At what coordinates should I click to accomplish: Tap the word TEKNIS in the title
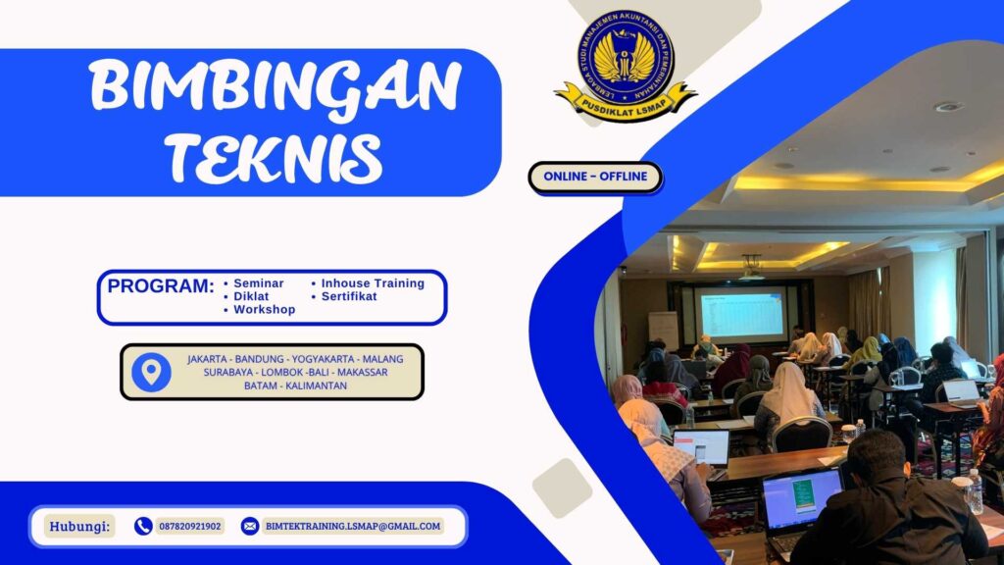click(x=273, y=154)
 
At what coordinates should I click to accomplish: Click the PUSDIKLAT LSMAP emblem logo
click(x=625, y=65)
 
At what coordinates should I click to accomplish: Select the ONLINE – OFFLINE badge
click(x=595, y=177)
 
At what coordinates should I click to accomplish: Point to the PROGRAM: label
click(x=160, y=286)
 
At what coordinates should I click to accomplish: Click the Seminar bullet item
click(x=258, y=283)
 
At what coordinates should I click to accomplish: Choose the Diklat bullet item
click(x=252, y=296)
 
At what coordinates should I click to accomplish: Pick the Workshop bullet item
click(x=264, y=309)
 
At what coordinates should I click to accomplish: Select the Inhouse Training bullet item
click(x=373, y=283)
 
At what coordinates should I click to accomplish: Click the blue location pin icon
click(x=151, y=372)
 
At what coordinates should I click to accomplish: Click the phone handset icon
click(x=143, y=526)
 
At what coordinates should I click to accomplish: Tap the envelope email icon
click(x=250, y=526)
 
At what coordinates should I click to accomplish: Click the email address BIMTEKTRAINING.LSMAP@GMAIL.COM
click(x=352, y=526)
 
